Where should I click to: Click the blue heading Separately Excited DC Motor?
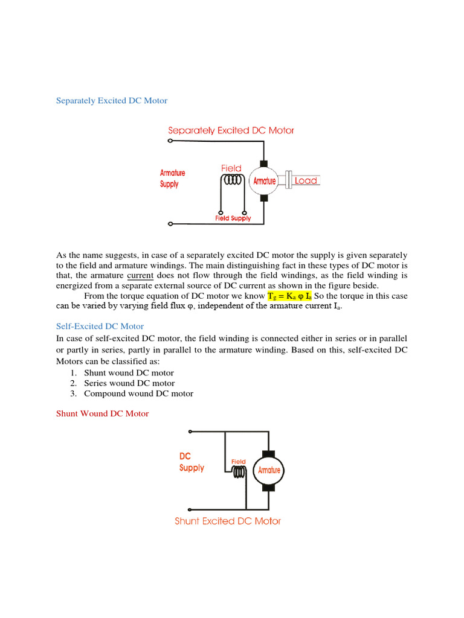pyautogui.click(x=112, y=101)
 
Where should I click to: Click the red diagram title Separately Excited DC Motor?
pyautogui.click(x=231, y=130)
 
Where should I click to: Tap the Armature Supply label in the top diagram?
pyautogui.click(x=173, y=179)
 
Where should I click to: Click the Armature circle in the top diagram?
pyautogui.click(x=264, y=181)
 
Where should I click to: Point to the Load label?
pyautogui.click(x=306, y=180)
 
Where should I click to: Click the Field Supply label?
pyautogui.click(x=233, y=218)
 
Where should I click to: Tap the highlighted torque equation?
pyautogui.click(x=289, y=296)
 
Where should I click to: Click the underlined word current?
pyautogui.click(x=140, y=275)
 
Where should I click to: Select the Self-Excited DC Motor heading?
pyautogui.click(x=100, y=327)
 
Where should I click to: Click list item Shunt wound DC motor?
pyautogui.click(x=129, y=373)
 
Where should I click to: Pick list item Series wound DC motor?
pyautogui.click(x=129, y=383)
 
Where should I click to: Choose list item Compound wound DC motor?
pyautogui.click(x=138, y=393)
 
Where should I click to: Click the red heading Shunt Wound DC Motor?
pyautogui.click(x=102, y=413)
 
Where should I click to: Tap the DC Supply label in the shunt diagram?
pyautogui.click(x=192, y=462)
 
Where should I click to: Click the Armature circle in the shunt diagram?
pyautogui.click(x=269, y=470)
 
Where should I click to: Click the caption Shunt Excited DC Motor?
pyautogui.click(x=228, y=521)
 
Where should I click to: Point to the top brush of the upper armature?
pyautogui.click(x=263, y=164)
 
